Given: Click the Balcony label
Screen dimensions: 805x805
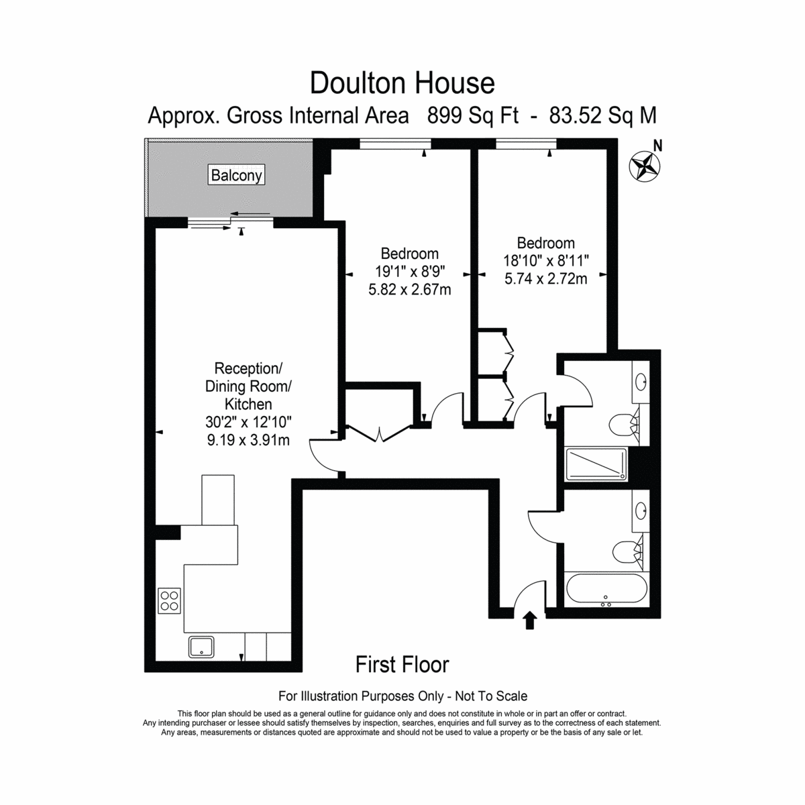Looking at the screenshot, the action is (x=236, y=175).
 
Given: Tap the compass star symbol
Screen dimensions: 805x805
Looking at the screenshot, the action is (x=644, y=166).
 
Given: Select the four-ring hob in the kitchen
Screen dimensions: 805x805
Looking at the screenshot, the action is (x=169, y=600).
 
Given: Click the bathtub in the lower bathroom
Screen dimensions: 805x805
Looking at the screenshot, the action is (x=606, y=589).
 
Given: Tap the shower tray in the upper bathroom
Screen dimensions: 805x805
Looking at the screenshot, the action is (x=596, y=464).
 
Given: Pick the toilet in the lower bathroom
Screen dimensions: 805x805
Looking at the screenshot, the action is (x=627, y=552).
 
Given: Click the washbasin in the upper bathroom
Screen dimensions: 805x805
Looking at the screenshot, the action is (x=641, y=382).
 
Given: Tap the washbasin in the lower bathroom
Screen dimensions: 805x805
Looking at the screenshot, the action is (x=641, y=510).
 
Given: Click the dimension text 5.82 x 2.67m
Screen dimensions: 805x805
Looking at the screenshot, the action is (x=409, y=290).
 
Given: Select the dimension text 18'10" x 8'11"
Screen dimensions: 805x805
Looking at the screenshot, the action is (x=545, y=261).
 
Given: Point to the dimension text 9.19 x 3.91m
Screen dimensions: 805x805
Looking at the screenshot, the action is (x=248, y=440).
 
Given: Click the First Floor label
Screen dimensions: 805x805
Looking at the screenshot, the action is (x=402, y=665).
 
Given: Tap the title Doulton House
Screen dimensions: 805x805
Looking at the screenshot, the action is (x=402, y=83).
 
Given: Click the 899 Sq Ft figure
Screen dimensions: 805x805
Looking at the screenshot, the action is (x=472, y=115).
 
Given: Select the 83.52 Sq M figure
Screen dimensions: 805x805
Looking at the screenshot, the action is (x=603, y=115).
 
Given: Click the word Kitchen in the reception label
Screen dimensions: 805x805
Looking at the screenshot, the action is (x=248, y=404).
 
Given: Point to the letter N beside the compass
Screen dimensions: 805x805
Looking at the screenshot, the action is (x=658, y=146).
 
